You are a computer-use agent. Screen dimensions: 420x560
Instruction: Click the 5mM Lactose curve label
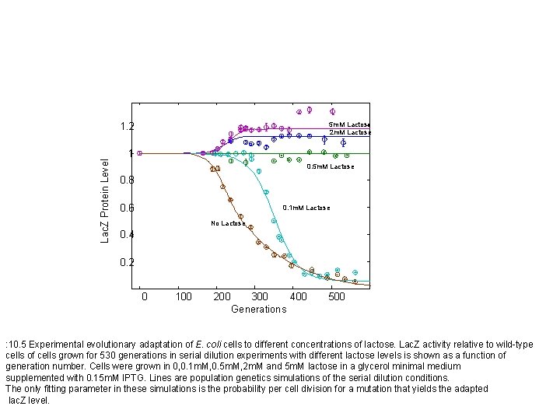tap(349, 124)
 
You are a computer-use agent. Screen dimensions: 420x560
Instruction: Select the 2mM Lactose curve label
tap(349, 132)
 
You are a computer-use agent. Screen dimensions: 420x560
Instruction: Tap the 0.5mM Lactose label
tap(330, 166)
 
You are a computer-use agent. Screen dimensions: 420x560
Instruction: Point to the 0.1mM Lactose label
tap(306, 208)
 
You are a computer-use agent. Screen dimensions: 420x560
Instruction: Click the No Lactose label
tap(228, 224)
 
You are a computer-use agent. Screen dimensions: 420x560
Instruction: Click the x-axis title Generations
tap(258, 309)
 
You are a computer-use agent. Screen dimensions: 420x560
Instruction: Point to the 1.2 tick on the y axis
tap(127, 127)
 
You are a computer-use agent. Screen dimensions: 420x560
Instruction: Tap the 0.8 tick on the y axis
tap(127, 181)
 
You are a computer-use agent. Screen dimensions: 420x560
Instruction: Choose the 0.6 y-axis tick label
tap(127, 208)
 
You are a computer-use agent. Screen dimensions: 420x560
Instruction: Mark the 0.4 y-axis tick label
tap(127, 235)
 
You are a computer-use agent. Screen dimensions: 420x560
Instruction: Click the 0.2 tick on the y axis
tap(127, 262)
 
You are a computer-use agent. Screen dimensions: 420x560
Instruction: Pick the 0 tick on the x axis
tap(144, 296)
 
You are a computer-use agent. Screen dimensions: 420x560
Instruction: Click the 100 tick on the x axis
tap(184, 296)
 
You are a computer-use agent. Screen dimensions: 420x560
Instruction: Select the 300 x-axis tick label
tap(260, 296)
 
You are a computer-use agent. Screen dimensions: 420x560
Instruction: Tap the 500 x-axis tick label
tap(336, 296)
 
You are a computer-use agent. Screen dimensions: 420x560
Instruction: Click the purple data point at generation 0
tap(140, 153)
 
